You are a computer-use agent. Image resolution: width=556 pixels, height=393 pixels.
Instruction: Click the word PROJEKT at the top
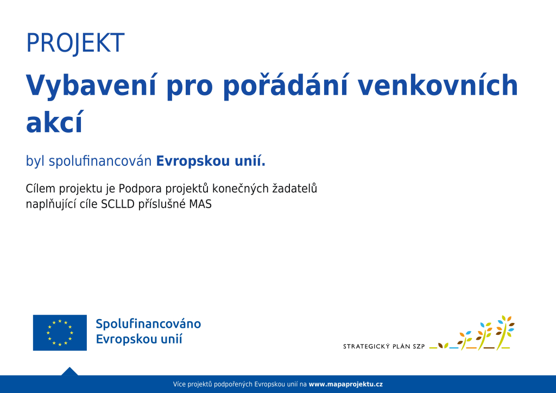(75, 43)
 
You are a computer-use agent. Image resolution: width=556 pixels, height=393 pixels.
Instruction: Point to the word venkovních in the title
(438, 85)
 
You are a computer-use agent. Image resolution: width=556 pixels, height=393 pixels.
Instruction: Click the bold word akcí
(54, 122)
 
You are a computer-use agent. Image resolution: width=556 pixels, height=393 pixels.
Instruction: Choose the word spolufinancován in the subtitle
(100, 161)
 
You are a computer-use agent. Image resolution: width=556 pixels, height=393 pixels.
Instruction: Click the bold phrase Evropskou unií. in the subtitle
(211, 161)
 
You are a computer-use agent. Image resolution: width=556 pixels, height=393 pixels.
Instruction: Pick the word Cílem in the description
(41, 188)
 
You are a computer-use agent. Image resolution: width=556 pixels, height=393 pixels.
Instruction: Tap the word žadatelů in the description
(294, 188)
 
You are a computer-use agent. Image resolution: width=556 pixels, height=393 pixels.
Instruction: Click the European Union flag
(60, 333)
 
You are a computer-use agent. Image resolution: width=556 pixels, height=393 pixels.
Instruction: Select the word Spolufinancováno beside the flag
(148, 324)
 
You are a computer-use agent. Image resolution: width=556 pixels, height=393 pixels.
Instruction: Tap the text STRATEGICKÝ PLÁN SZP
(384, 346)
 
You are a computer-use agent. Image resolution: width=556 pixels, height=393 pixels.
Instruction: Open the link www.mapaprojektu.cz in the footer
(346, 384)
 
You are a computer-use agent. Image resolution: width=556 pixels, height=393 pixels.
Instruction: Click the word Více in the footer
(179, 384)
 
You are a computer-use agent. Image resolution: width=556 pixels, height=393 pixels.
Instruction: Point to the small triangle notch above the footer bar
(69, 371)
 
